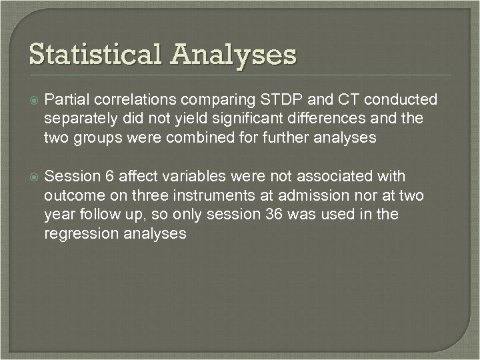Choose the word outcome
click(73, 195)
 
